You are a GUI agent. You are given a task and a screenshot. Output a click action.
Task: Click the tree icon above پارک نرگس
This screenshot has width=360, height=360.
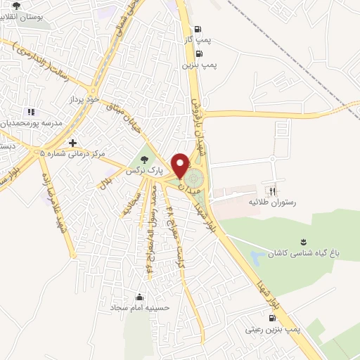(145, 159)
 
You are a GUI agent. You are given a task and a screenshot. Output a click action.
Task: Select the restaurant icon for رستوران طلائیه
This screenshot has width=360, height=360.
(272, 190)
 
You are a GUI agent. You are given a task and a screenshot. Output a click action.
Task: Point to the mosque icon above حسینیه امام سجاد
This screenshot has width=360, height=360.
(139, 297)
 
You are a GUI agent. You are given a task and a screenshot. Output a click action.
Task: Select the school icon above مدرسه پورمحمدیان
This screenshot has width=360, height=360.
(30, 112)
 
